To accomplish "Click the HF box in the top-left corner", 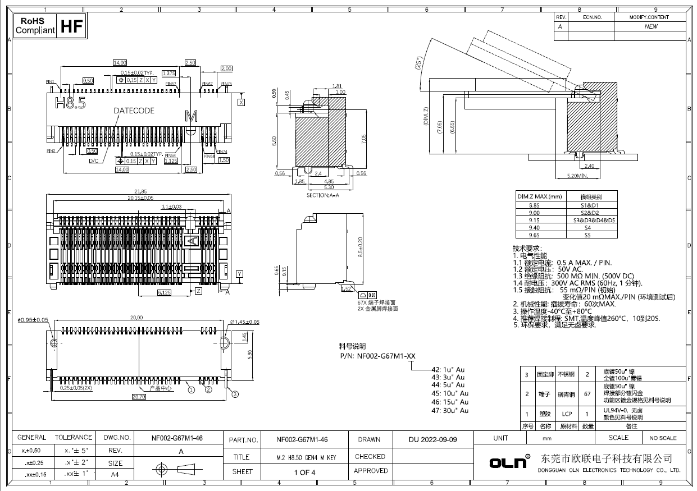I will pos(71,26).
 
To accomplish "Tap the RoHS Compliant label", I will pos(35,26).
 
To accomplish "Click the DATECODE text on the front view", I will pos(134,111).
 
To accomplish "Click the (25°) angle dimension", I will pos(418,63).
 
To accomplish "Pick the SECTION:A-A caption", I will pos(323,195).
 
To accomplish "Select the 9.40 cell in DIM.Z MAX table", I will pos(531,228).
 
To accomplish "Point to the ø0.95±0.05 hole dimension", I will pos(34,320).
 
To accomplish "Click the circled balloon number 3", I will pos(235,393).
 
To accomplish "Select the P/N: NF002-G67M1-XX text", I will pos(377,356).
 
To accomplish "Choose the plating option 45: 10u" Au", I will pos(450,393).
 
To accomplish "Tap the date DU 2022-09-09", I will pos(432,439).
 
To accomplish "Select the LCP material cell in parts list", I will pos(567,414).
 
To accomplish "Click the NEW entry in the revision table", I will pos(650,26).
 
